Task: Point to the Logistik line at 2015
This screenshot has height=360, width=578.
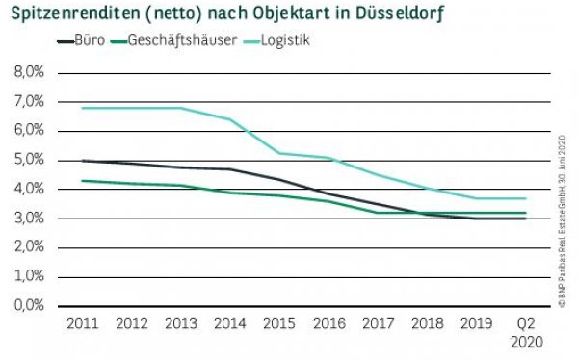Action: pos(278,153)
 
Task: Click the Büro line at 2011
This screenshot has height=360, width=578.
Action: pos(82,161)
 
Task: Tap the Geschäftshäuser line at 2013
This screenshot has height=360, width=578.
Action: pos(180,185)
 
